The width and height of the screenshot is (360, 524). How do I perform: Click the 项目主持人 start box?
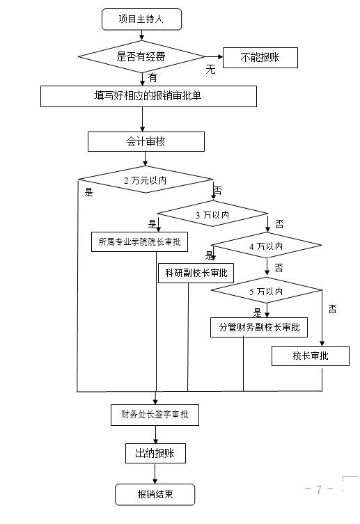(141, 19)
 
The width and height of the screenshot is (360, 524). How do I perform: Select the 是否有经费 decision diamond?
(141, 56)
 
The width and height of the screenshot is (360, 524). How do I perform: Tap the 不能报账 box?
(260, 58)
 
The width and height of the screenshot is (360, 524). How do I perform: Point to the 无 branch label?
(210, 69)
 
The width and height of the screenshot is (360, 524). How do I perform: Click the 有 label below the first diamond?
(152, 77)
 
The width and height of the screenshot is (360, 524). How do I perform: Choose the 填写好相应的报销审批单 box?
(148, 96)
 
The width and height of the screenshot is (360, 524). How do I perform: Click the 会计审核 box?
(146, 141)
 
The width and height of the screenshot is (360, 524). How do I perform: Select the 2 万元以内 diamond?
(146, 180)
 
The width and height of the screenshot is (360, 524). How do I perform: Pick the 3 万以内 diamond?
(212, 214)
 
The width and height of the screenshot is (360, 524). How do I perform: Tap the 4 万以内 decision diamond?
(266, 246)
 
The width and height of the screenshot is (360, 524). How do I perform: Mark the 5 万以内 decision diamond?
(266, 291)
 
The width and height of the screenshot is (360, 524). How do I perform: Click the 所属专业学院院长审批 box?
(139, 241)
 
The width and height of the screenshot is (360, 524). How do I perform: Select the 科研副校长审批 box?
(196, 273)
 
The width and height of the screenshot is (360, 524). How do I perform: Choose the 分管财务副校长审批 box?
(259, 327)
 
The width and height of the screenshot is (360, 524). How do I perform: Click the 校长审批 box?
(310, 356)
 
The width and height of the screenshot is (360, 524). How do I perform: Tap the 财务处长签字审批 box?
(155, 415)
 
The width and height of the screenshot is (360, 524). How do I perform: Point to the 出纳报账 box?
(155, 453)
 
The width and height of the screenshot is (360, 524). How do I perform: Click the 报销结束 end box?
(155, 494)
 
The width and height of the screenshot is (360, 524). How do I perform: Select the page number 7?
(319, 489)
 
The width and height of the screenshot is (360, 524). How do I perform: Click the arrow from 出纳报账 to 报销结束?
(155, 473)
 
